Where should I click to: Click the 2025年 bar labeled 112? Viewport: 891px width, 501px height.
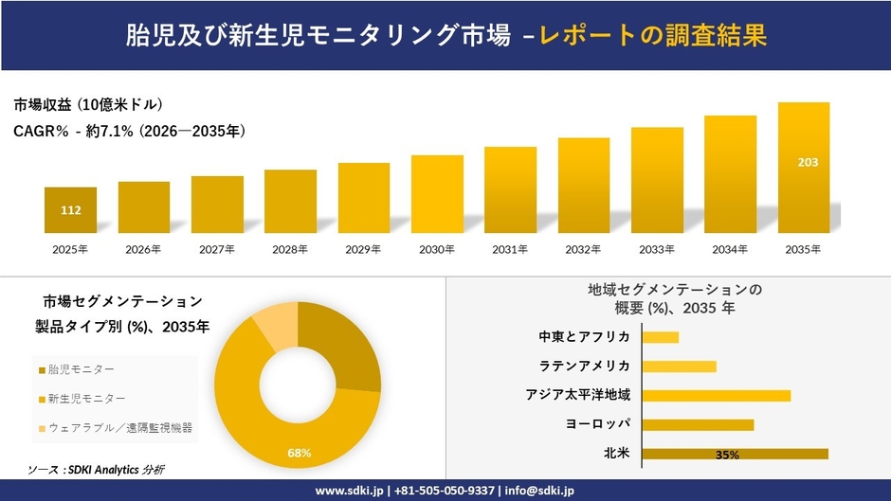70,210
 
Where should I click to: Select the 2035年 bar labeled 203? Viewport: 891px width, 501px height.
804,168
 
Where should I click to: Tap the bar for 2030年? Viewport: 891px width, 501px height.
437,194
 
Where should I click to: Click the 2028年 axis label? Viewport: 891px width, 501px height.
290,250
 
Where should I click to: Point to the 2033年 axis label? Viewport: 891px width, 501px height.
657,250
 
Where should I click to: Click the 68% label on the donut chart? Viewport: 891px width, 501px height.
300,453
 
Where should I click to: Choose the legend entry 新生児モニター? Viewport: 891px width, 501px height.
85,399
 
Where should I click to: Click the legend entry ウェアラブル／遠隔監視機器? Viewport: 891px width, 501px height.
119,428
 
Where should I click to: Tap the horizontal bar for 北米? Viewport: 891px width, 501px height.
735,454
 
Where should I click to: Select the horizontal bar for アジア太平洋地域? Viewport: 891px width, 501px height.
716,395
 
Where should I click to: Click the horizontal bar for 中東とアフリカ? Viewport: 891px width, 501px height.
661,337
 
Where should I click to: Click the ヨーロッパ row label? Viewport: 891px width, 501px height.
597,424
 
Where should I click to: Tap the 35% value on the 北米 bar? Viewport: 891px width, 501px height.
727,455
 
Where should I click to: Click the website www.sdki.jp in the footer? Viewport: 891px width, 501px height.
350,490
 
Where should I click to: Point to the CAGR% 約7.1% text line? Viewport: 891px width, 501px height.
129,132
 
